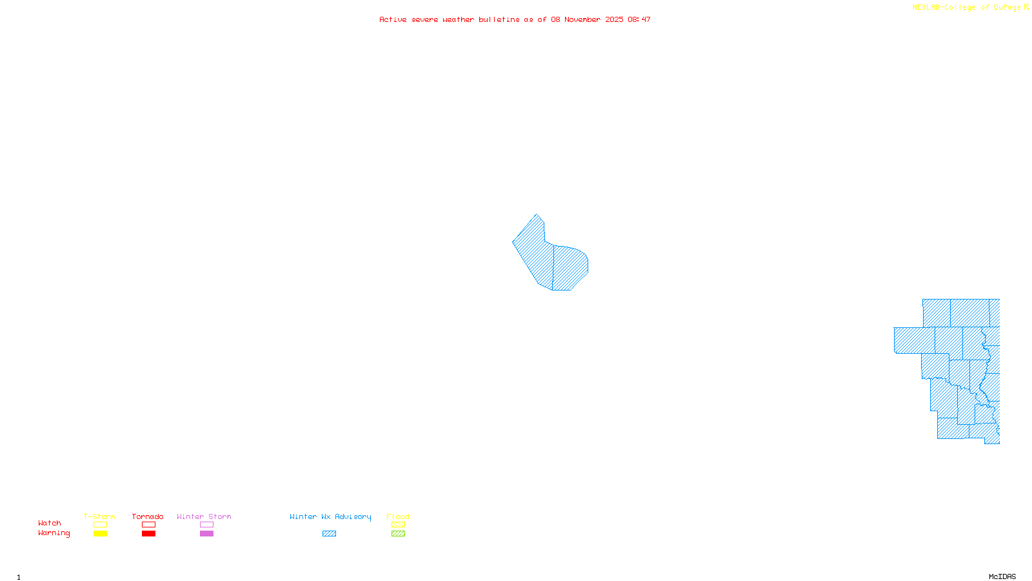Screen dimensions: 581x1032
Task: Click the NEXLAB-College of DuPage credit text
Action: pos(966,8)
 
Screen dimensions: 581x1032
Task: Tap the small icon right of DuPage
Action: pos(1026,7)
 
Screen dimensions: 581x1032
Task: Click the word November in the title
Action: pos(582,20)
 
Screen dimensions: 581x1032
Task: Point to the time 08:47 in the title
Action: pos(639,20)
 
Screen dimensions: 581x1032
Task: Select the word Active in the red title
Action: pos(393,20)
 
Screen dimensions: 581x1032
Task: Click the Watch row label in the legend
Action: pos(50,524)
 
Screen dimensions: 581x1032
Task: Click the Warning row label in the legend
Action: pos(54,533)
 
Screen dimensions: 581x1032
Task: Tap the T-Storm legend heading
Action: pos(99,516)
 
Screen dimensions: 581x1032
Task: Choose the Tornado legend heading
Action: pos(148,516)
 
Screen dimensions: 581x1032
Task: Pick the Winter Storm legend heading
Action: pos(204,516)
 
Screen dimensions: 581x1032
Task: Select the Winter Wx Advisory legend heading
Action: pos(330,516)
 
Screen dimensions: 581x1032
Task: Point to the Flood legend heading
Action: pos(398,516)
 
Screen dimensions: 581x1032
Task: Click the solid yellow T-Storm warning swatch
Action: pos(100,534)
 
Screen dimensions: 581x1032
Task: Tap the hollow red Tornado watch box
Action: pos(148,525)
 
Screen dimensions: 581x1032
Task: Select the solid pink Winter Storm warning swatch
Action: pos(206,534)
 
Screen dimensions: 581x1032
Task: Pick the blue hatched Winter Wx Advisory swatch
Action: pos(329,534)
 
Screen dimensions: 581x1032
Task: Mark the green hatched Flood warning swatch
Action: pos(398,534)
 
